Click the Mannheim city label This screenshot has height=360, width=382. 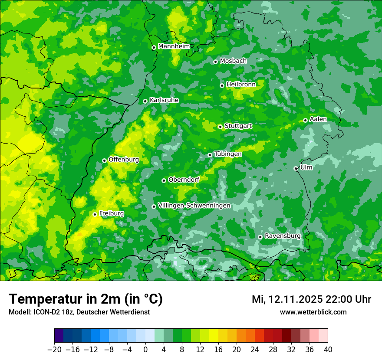click(174, 46)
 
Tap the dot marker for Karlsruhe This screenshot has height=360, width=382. click(145, 101)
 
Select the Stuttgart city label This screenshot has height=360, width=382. click(238, 126)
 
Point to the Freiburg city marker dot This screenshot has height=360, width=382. click(95, 214)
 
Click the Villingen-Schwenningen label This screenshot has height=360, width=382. click(194, 206)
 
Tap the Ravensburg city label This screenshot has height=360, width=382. click(283, 236)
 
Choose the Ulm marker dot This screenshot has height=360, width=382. click(296, 168)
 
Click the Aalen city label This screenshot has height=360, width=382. click(318, 119)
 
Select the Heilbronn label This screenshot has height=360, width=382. click(241, 84)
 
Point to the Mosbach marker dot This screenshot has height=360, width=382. click(215, 62)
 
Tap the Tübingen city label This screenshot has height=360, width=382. click(228, 154)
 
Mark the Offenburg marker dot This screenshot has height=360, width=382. click(104, 160)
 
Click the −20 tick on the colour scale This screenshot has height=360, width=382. click(54, 350)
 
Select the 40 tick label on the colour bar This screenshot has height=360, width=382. click(328, 350)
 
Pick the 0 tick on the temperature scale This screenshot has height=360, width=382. click(145, 350)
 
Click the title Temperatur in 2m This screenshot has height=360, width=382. click(86, 299)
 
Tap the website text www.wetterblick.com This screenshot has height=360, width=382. click(313, 312)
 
